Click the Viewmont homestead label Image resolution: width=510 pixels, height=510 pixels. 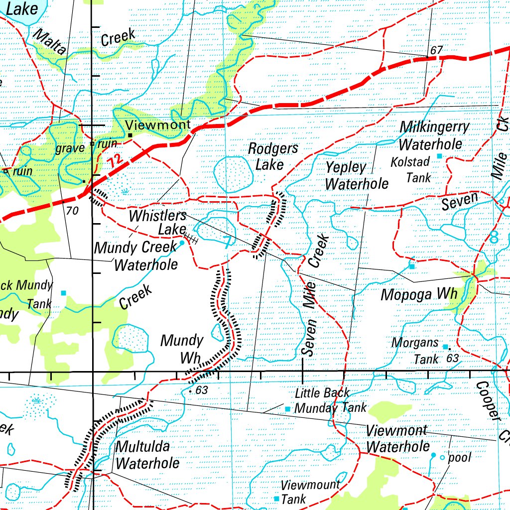[x=158, y=125]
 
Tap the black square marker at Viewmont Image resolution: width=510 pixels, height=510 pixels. [x=130, y=135]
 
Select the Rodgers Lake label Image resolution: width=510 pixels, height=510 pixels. [x=273, y=156]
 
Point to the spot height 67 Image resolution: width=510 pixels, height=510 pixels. [x=436, y=50]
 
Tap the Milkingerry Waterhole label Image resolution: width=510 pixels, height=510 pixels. [x=433, y=135]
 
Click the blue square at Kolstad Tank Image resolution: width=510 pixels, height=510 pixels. [x=439, y=156]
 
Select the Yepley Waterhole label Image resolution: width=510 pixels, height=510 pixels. [x=356, y=175]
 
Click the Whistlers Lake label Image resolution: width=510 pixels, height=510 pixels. [x=157, y=223]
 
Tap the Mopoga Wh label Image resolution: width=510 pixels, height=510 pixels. [x=418, y=294]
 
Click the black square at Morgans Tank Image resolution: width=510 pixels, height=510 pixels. [x=445, y=347]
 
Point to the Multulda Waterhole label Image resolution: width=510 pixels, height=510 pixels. [x=147, y=454]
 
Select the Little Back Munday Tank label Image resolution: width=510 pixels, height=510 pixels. [x=330, y=400]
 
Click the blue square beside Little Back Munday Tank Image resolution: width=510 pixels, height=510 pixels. [x=287, y=409]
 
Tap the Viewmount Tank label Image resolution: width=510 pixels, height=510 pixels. [x=310, y=491]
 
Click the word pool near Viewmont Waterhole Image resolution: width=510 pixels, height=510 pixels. [x=459, y=457]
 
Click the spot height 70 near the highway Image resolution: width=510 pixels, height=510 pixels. [x=72, y=211]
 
